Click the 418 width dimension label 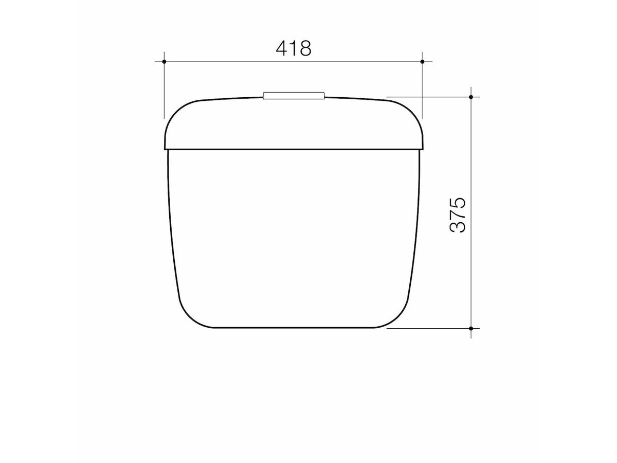[x=294, y=48]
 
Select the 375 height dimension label [x=457, y=214]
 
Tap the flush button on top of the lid [x=294, y=95]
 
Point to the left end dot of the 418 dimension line [x=164, y=62]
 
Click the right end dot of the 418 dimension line [x=422, y=62]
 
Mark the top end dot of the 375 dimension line [x=471, y=97]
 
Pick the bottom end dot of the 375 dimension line [x=471, y=328]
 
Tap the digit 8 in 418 [x=305, y=48]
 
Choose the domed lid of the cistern [x=294, y=123]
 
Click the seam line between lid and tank [x=294, y=149]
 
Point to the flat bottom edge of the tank [x=294, y=327]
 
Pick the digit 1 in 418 [x=294, y=48]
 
